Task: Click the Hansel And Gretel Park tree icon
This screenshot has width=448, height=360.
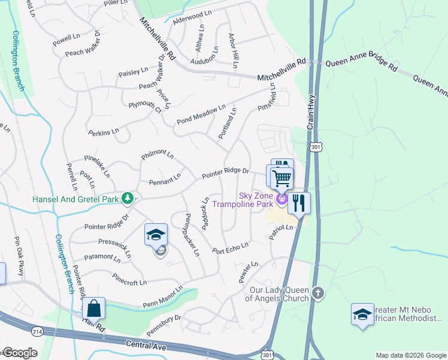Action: pos(127,197)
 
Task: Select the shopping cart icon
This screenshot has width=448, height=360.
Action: pos(281,178)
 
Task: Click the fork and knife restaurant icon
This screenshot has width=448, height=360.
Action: pos(299,202)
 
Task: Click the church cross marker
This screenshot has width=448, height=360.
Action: pos(318,293)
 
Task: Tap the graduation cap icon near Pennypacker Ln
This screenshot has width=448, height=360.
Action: pos(156,235)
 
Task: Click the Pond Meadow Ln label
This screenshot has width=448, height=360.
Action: pos(201,115)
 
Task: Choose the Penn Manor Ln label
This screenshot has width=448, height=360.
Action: pos(162,300)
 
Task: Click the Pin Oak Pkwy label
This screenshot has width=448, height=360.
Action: pos(18,265)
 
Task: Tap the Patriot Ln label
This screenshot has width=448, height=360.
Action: pos(281,232)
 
